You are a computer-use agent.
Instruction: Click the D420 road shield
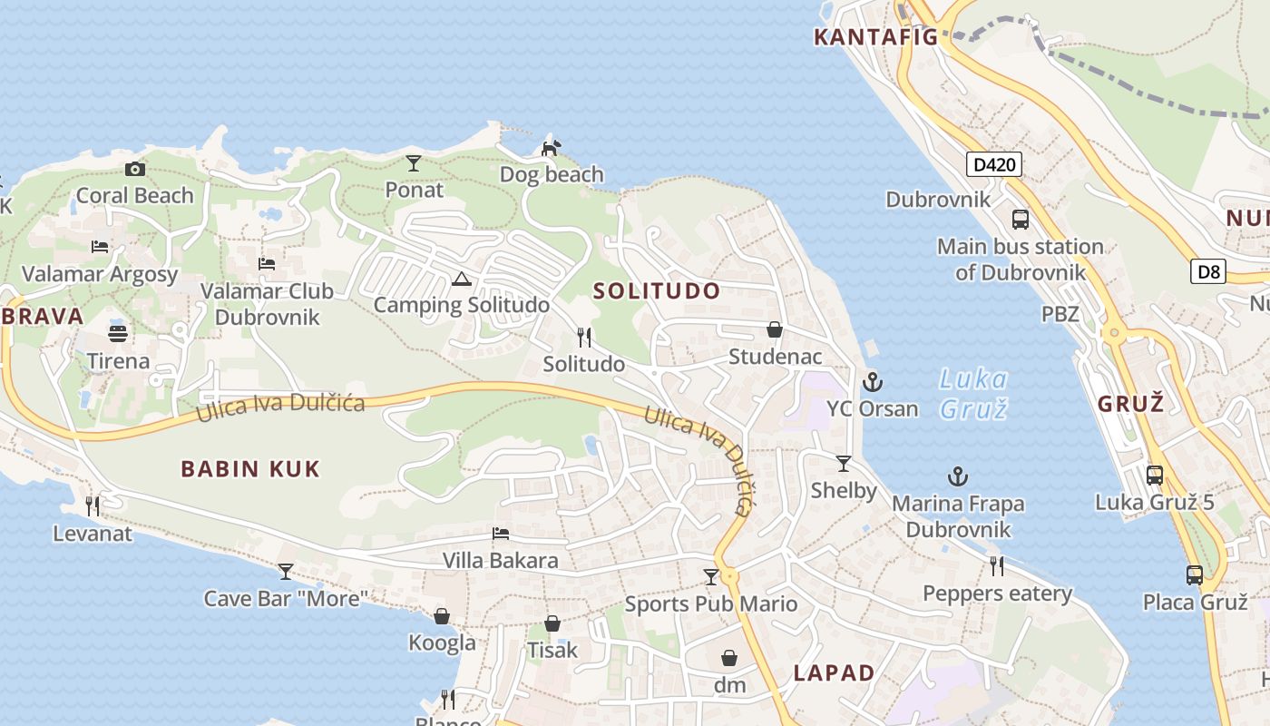tap(993, 165)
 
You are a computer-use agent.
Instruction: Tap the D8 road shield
tap(1209, 270)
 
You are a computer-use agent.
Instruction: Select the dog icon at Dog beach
tap(551, 147)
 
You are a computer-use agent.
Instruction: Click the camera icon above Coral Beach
tap(134, 169)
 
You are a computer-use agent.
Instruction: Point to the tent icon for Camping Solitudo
tap(461, 279)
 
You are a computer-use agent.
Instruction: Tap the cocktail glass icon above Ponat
tap(414, 163)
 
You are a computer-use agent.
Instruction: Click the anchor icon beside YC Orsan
tap(873, 382)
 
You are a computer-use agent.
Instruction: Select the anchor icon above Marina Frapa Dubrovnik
tap(958, 476)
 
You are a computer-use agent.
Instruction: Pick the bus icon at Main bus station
tap(1021, 220)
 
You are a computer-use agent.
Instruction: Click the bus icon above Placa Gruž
tap(1195, 575)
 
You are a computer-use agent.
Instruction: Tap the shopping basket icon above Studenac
tap(775, 329)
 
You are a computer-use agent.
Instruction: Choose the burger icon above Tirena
tap(118, 332)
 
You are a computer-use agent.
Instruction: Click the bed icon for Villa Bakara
tap(500, 534)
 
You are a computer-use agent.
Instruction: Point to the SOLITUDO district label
tap(657, 291)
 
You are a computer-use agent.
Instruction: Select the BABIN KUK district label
tap(250, 469)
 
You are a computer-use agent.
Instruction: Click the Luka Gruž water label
tap(973, 394)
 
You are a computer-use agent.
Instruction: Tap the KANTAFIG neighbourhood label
tap(875, 37)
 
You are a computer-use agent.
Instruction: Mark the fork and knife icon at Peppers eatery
tap(997, 566)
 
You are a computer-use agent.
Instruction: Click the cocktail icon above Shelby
tap(844, 464)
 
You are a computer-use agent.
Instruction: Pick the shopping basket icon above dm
tap(729, 658)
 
